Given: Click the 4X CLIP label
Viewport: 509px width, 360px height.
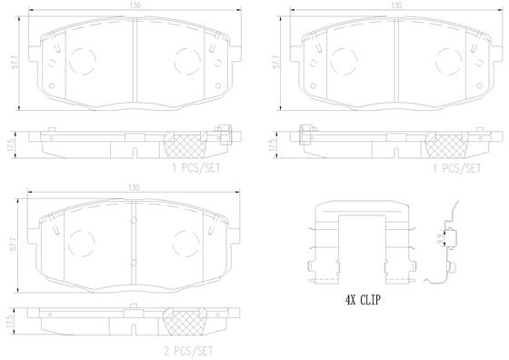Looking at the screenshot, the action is coord(363,300).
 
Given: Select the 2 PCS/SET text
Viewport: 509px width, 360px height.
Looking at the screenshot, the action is coord(189,351).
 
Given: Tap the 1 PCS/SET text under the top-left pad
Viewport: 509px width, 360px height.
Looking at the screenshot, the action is coord(196,168).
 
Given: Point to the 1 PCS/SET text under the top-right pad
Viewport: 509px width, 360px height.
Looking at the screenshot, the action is coord(456,168).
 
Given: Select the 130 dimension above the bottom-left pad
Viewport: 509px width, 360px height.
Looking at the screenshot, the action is coord(134,187).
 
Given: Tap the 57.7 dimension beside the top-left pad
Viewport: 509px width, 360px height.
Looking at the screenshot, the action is coord(15,62).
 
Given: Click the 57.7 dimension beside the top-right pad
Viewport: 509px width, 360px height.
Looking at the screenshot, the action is coord(276,62).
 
